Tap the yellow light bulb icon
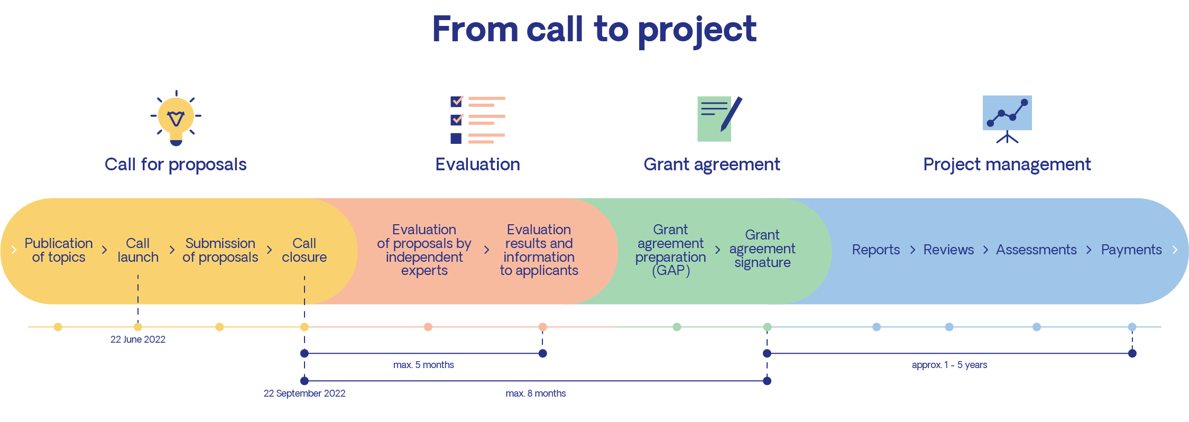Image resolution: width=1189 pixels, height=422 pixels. pos(176,118)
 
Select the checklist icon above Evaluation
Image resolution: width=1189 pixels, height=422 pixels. pos(477,120)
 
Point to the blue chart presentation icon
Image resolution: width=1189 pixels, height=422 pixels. pos(1007,117)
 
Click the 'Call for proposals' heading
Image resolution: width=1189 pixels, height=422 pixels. pos(176,164)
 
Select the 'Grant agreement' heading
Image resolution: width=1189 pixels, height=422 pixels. pos(712,164)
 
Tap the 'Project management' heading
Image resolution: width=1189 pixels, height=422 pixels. pos(1007,164)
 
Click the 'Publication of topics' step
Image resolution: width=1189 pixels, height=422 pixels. pos(59,250)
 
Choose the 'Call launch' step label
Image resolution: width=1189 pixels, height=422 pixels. pos(138,250)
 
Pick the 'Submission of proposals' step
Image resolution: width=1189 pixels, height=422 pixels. pos(220,250)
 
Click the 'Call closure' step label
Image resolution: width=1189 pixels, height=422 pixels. pos(304,250)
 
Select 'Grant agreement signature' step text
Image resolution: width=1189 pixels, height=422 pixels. pos(762,249)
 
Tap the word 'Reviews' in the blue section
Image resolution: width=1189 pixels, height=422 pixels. pos(948,250)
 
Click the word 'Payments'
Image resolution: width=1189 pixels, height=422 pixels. pos(1131,250)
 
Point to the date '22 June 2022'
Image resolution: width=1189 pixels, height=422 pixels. pos(138,340)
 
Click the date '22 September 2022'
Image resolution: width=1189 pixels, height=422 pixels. pos(305,393)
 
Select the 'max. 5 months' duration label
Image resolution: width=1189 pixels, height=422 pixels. pos(423,365)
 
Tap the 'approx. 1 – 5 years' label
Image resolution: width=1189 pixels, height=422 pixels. pos(949,365)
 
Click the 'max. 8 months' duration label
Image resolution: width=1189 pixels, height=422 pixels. pos(536,393)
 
